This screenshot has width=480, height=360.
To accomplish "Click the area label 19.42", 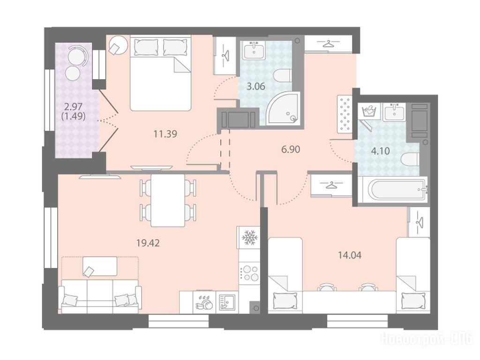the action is pos(148,243).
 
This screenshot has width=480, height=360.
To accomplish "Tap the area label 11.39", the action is pos(165,134).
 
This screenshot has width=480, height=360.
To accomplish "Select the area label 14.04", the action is pos(350,255).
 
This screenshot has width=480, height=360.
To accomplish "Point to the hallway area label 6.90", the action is pos(291,150).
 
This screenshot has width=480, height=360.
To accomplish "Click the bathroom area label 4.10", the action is pos(381,150).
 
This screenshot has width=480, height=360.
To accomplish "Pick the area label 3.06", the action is pos(255,86).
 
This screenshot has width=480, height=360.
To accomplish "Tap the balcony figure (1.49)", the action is pos(73,116).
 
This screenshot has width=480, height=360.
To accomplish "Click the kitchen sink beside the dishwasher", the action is pos(227,302).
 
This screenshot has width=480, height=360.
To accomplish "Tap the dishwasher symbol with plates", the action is pos(204,302).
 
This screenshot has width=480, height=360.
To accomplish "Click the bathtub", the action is pos(393,189).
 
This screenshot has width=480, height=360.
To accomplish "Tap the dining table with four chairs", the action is pos(168,201).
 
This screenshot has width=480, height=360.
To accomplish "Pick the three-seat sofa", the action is pos(100,296).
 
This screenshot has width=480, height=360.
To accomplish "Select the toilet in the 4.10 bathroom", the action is pos(410,159).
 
